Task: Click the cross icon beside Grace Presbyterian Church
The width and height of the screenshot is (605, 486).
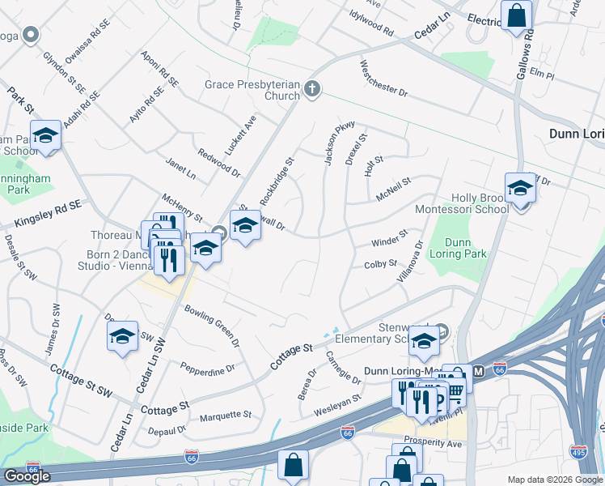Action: [313, 91]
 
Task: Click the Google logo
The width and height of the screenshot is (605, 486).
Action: [27, 475]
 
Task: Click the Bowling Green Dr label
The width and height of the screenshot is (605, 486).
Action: [213, 325]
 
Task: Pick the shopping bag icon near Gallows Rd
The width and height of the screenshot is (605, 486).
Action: [516, 15]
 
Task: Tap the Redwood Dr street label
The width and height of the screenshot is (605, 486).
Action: [219, 162]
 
